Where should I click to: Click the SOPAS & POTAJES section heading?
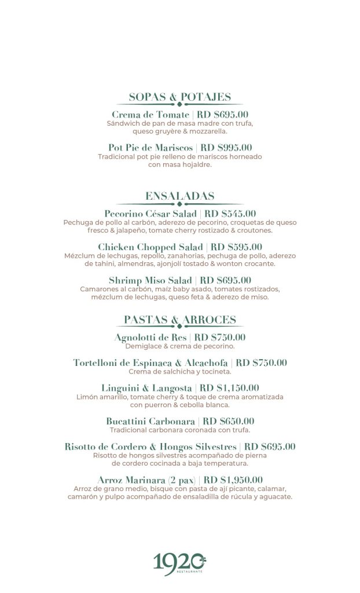coord(179,97)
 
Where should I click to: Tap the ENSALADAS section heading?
coord(179,196)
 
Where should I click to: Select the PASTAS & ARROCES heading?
coord(179,320)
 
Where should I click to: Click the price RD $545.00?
coord(230,214)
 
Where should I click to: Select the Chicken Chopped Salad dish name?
coord(150,247)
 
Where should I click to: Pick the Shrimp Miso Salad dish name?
coord(150,280)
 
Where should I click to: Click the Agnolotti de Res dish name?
coord(150,338)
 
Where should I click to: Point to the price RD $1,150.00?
coord(229,388)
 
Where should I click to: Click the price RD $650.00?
coord(229,421)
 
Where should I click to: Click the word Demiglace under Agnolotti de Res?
coord(145,346)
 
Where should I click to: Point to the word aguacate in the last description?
coord(274,496)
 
